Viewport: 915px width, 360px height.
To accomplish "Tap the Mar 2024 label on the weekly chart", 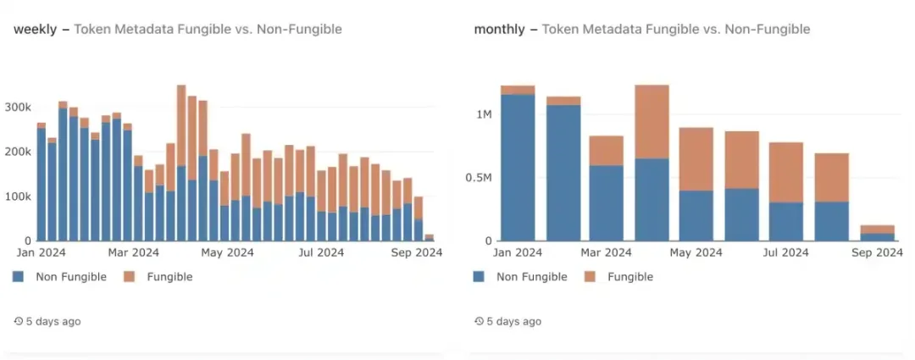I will pos(134,252).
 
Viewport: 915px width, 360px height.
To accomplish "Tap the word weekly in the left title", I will pos(35,30).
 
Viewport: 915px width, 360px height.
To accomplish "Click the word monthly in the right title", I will pos(499,30).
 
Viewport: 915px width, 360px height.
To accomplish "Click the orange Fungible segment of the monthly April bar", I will pos(652,121).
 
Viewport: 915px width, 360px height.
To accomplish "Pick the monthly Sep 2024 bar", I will pos(877,233).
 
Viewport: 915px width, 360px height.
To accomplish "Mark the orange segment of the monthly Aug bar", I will pos(831,177).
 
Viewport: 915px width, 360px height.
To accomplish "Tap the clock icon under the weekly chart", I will pos(19,322).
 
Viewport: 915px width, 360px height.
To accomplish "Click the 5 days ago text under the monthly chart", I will pos(513,322).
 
